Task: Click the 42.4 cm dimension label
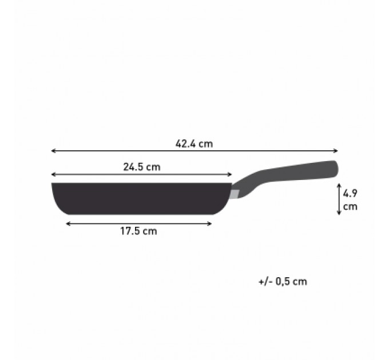(x=194, y=144)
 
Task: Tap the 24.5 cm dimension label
(x=141, y=167)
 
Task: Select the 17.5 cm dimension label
(x=138, y=231)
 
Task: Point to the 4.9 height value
(x=350, y=193)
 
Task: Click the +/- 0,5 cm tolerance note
(x=283, y=281)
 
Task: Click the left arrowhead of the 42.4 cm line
(x=53, y=151)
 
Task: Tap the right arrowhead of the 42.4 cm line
(x=336, y=151)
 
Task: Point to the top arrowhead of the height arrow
(x=339, y=185)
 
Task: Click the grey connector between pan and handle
(x=235, y=193)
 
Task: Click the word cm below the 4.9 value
(x=350, y=206)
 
